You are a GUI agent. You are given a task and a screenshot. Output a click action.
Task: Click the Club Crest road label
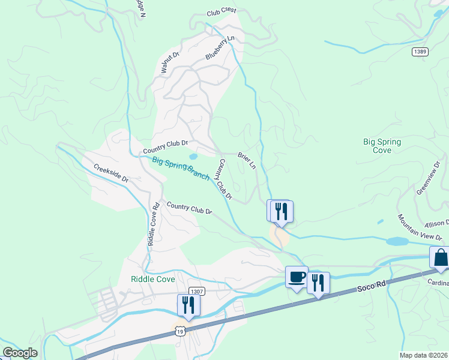click(x=221, y=11)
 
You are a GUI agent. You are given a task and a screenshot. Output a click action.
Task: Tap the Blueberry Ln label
click(x=220, y=47)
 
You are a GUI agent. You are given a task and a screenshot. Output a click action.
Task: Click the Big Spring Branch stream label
click(x=181, y=169)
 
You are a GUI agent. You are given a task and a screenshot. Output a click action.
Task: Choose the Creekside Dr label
click(x=111, y=173)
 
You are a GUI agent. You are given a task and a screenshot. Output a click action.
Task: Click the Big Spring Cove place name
click(x=382, y=146)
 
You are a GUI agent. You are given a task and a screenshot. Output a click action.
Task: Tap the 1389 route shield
click(x=420, y=52)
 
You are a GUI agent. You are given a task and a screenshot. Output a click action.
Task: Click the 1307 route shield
click(x=196, y=291)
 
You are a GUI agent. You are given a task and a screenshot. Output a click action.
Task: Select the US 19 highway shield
click(x=179, y=331)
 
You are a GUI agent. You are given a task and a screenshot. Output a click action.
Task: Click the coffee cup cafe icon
click(x=297, y=277)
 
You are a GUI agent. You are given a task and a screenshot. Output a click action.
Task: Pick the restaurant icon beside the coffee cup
click(x=318, y=282)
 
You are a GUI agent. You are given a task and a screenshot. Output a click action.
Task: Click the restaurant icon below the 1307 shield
click(x=188, y=305)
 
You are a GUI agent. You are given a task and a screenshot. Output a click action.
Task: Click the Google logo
click(x=20, y=353)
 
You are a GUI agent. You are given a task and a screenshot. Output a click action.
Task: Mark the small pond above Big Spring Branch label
click(x=193, y=157)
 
